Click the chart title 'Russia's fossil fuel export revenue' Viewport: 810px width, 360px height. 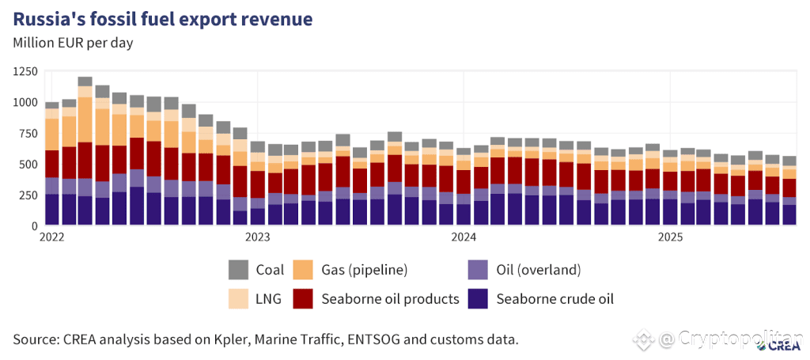tap(162, 18)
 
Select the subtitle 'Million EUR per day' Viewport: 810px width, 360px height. tap(73, 43)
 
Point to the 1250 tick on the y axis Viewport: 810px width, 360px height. tap(25, 72)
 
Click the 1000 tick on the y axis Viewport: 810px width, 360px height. tap(25, 103)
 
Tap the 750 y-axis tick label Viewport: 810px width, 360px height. tap(28, 134)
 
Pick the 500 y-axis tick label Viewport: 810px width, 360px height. tap(28, 165)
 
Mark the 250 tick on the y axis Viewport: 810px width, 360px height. tap(28, 195)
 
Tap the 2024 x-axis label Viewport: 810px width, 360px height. tap(464, 237)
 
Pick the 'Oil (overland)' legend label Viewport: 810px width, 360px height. tap(538, 270)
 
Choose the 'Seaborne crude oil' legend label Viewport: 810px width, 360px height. tap(555, 298)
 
